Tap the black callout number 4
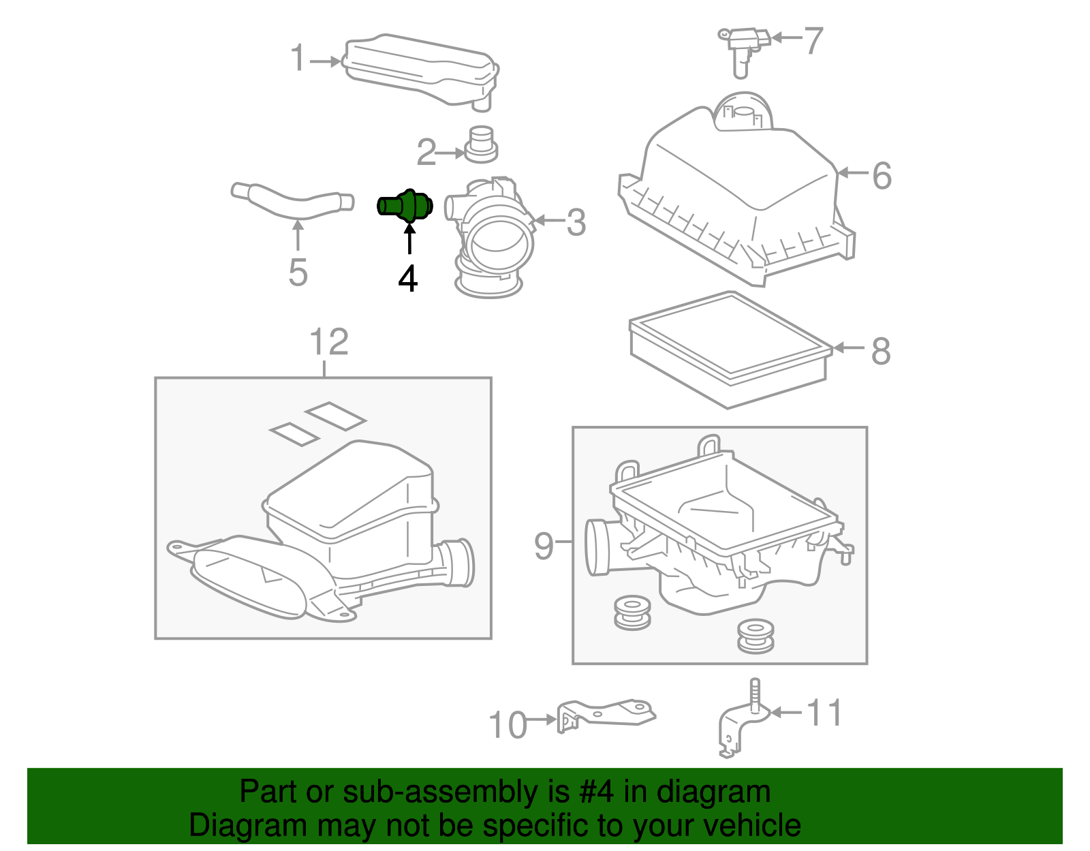[407, 278]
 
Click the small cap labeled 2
[481, 144]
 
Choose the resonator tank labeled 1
[419, 68]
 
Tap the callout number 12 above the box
[328, 342]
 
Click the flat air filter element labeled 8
[729, 347]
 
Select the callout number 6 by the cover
[882, 176]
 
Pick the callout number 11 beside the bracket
[824, 713]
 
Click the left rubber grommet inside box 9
[632, 613]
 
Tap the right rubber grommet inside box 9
[755, 635]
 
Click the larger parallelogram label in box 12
[335, 416]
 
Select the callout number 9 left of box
[543, 545]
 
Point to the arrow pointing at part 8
[848, 347]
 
